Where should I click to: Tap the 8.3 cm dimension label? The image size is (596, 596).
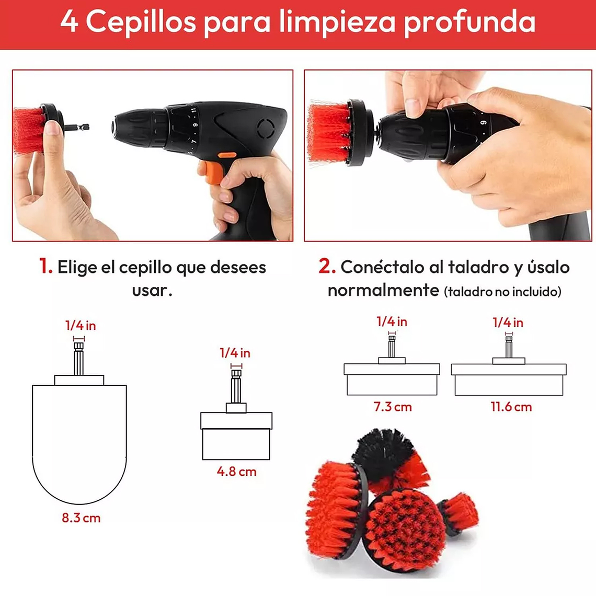81,518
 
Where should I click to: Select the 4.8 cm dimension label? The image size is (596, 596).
236,472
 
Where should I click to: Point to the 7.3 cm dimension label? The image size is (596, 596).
392,407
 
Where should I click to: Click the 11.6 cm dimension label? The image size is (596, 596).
511,407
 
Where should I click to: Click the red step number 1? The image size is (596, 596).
45,267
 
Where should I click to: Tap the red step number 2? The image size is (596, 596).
326,267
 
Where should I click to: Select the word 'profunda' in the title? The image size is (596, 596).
469,22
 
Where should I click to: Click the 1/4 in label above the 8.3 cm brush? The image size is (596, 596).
81,326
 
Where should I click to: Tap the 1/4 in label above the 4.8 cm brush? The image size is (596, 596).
235,353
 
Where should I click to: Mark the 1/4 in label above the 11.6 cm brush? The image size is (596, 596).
508,323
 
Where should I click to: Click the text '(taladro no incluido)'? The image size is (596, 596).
502,292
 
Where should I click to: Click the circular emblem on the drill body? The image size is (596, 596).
266,127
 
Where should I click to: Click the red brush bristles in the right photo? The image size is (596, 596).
328,132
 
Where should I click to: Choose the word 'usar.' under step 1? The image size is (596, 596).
152,291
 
